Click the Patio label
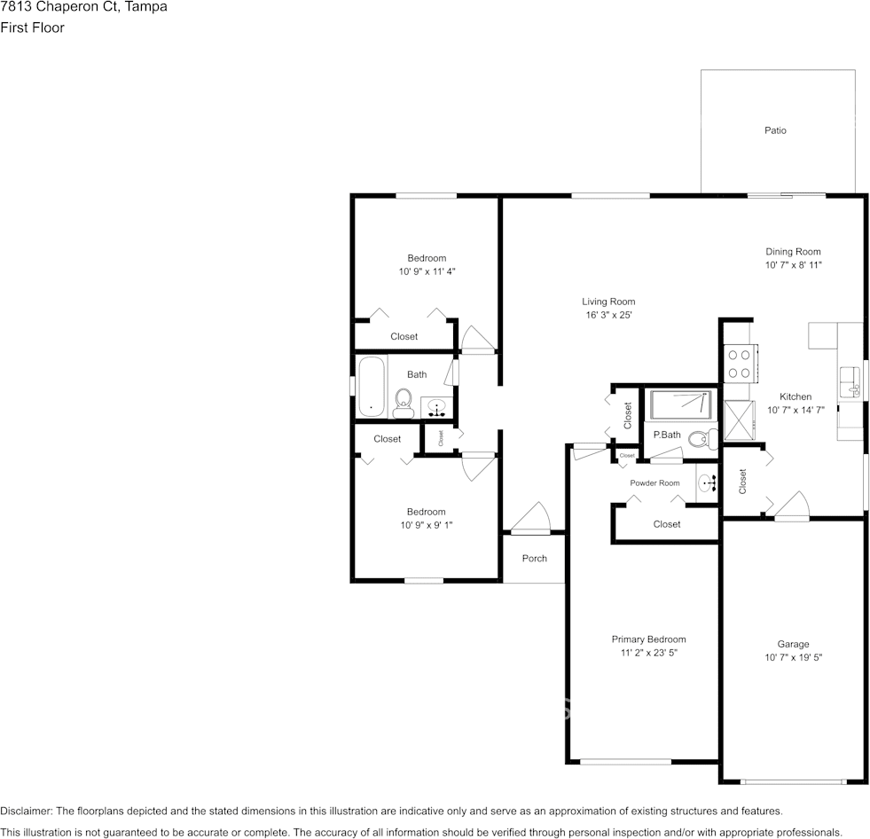point(775,130)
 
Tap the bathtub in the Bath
point(372,387)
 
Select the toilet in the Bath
point(404,403)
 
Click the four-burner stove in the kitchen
point(739,364)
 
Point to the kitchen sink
point(849,381)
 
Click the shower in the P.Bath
point(681,404)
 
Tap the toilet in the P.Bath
point(703,440)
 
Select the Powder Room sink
point(707,483)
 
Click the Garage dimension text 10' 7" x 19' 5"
point(794,657)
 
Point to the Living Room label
point(608,302)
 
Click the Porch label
point(534,558)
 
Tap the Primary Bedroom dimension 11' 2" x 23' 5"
point(648,653)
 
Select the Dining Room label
point(793,251)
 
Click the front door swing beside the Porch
point(530,518)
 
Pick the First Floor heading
point(32,27)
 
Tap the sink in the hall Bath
point(436,408)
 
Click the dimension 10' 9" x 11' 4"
point(427,271)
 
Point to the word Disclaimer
point(26,812)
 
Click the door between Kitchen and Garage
point(792,506)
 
